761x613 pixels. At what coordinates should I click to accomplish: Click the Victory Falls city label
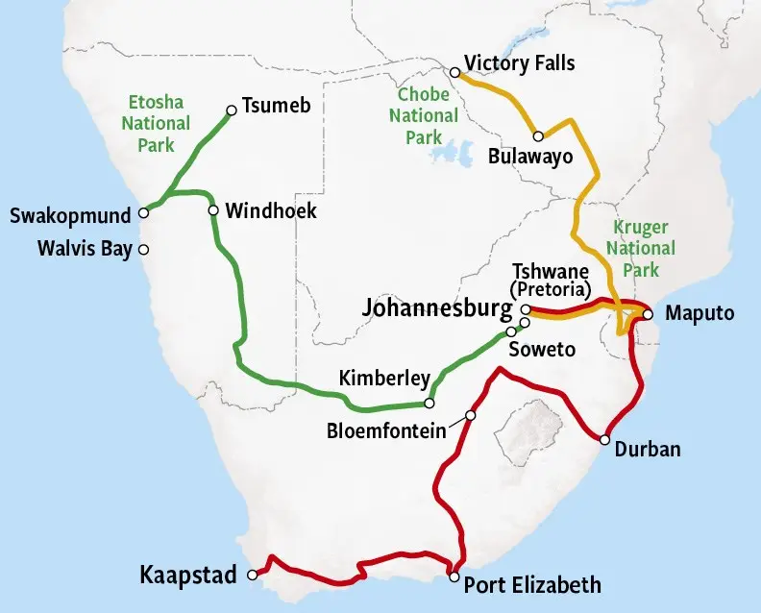click(519, 63)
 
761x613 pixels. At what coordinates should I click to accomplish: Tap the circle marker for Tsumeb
click(232, 110)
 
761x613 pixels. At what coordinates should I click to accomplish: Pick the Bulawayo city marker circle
click(539, 136)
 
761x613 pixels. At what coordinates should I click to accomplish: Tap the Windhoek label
click(271, 209)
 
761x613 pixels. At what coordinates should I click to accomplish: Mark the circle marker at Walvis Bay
click(144, 250)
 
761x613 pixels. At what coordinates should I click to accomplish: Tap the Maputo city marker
click(648, 314)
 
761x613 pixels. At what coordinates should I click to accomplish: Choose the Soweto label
click(542, 350)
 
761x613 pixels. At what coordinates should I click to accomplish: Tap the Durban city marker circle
click(604, 440)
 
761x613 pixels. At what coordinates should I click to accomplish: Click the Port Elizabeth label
click(532, 584)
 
